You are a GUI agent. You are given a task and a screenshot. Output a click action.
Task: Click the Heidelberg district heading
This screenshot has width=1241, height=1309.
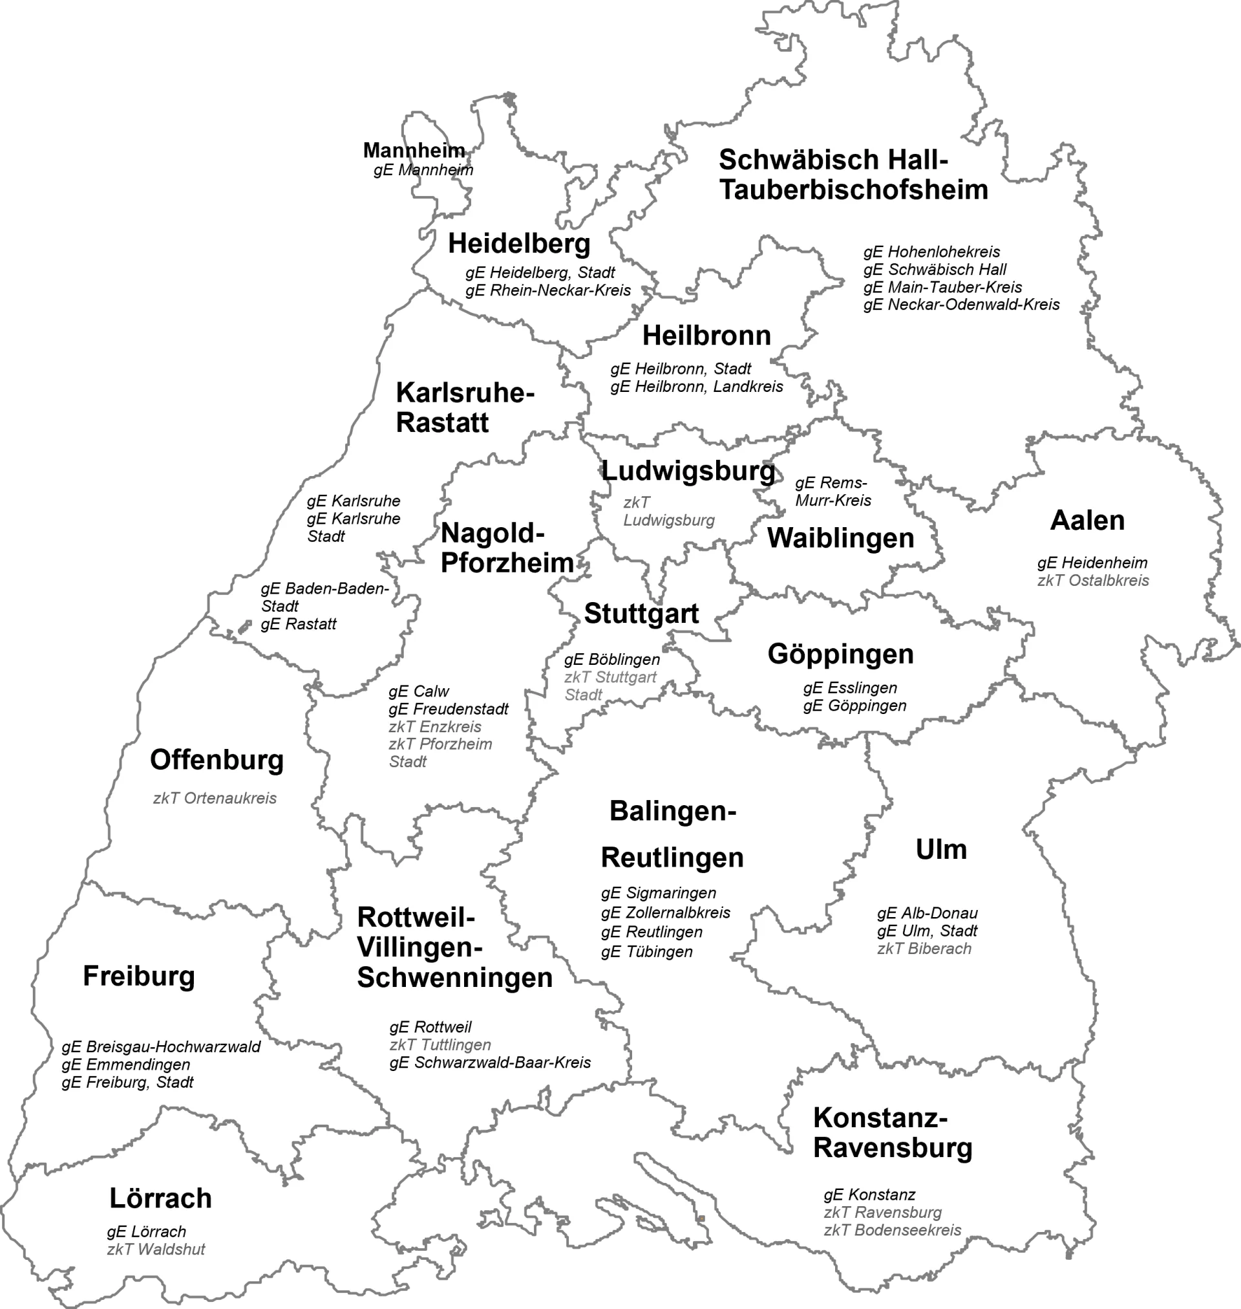tap(518, 244)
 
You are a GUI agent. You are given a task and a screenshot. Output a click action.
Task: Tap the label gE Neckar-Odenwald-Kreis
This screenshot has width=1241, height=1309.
tap(961, 305)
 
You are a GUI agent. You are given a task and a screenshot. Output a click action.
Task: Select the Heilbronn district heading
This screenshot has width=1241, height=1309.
tap(706, 336)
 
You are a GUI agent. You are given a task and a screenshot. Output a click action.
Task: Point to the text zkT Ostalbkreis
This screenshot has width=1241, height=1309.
tap(1093, 580)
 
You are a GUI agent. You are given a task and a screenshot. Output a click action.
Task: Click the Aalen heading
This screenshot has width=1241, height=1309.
tap(1087, 520)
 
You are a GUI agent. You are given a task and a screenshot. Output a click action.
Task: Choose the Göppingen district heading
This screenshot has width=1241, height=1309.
tap(840, 654)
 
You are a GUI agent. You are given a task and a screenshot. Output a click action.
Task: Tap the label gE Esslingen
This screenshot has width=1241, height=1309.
tap(850, 687)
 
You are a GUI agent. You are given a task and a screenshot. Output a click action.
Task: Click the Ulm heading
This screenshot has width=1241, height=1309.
tap(940, 849)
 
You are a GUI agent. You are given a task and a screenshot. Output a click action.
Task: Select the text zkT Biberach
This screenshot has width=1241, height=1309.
tap(924, 948)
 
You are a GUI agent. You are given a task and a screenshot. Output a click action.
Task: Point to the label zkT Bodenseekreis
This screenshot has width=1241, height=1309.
tap(892, 1229)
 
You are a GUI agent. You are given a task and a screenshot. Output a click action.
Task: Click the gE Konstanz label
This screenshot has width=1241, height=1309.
tap(869, 1195)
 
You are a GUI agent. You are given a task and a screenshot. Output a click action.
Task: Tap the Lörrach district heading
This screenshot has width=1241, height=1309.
tap(160, 1198)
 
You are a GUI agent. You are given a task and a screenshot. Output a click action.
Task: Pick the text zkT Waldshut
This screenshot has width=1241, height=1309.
tap(156, 1249)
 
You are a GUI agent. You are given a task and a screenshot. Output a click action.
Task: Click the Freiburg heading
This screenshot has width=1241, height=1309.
tap(139, 976)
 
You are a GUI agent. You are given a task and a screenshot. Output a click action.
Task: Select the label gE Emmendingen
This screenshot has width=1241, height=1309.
tap(125, 1064)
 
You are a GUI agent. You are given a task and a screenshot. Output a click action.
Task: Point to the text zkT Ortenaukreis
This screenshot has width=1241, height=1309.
tap(215, 798)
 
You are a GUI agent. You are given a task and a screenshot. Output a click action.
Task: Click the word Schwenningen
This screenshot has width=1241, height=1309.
tap(454, 977)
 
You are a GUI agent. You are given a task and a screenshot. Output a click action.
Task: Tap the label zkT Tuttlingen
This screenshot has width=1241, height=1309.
tap(440, 1045)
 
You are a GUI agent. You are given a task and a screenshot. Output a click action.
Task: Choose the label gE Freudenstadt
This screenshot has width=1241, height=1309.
tap(449, 709)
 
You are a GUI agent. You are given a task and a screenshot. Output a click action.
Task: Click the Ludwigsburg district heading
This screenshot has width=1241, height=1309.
tap(688, 471)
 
